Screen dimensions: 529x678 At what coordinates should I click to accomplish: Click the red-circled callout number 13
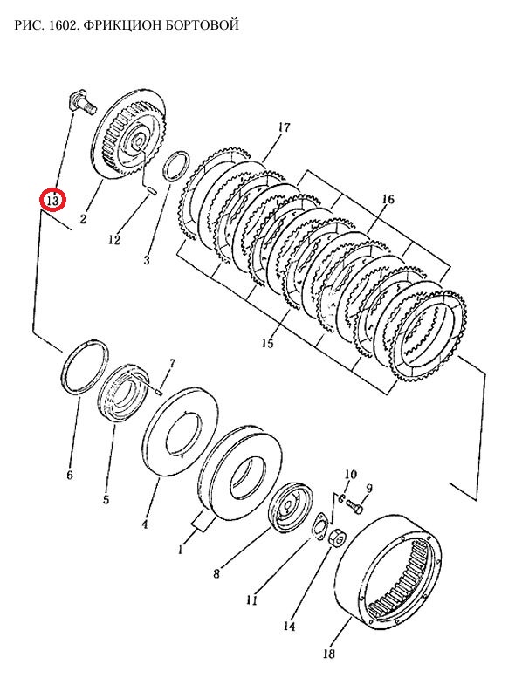tap(52, 201)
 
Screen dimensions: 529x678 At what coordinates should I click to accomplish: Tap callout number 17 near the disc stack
tap(284, 128)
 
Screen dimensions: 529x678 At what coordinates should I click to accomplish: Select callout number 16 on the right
tap(388, 199)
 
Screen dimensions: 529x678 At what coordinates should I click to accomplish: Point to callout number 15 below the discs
tap(268, 343)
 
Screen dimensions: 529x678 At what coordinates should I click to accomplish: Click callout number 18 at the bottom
tap(329, 653)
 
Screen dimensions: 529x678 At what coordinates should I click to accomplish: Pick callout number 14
tap(289, 626)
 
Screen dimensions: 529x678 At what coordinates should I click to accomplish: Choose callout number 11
tap(251, 600)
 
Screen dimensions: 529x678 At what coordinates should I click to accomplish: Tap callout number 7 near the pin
tap(172, 364)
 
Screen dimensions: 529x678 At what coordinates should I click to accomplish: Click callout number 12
tap(114, 239)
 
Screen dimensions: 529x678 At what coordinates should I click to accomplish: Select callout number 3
tap(147, 260)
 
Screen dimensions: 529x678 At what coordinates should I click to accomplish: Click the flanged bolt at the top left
tap(82, 103)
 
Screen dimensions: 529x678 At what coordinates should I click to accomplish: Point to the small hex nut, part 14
tap(337, 538)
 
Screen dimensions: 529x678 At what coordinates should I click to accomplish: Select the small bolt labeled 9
tap(354, 509)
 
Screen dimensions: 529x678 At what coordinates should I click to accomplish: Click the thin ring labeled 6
tap(86, 367)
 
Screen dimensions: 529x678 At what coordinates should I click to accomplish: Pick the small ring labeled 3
tap(176, 167)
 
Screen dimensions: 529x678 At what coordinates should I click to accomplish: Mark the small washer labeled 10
tap(340, 498)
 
